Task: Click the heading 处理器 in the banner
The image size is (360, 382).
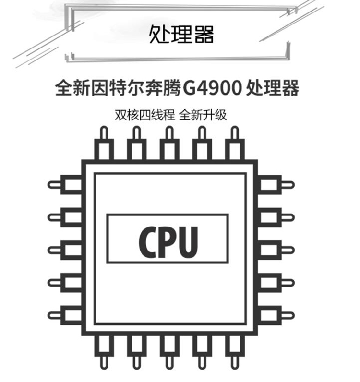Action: (x=181, y=34)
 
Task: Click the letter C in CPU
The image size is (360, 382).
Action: (x=149, y=239)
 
